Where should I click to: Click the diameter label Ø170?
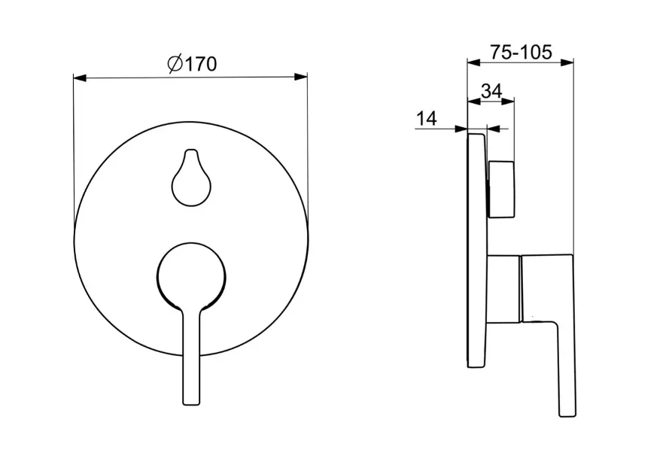(192, 64)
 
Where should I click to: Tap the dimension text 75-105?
(521, 52)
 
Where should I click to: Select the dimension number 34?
(491, 91)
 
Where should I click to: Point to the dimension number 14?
(427, 118)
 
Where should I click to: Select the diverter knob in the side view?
(501, 190)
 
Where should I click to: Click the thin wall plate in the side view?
(477, 251)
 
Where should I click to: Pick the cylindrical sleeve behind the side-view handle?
(503, 288)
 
